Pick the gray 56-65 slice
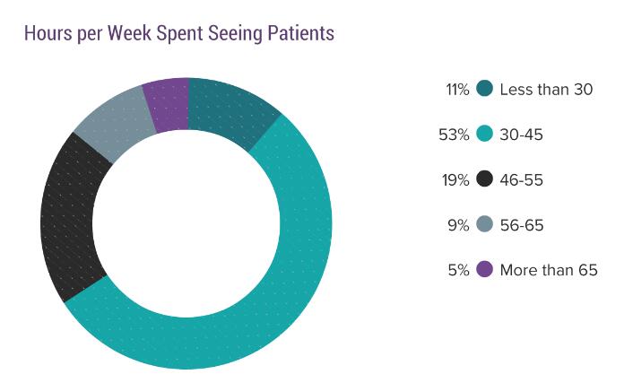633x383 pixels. [111, 125]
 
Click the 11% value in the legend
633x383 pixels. [457, 89]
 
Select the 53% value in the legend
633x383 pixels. [455, 135]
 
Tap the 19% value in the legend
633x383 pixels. [456, 180]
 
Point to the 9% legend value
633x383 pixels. [459, 225]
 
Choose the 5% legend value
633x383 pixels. [459, 270]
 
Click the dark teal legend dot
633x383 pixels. [485, 89]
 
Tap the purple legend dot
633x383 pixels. [485, 269]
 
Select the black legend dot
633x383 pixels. [485, 179]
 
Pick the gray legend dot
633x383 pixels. [485, 224]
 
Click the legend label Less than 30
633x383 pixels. [546, 89]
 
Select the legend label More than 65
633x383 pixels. [548, 270]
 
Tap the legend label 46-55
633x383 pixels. [522, 180]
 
